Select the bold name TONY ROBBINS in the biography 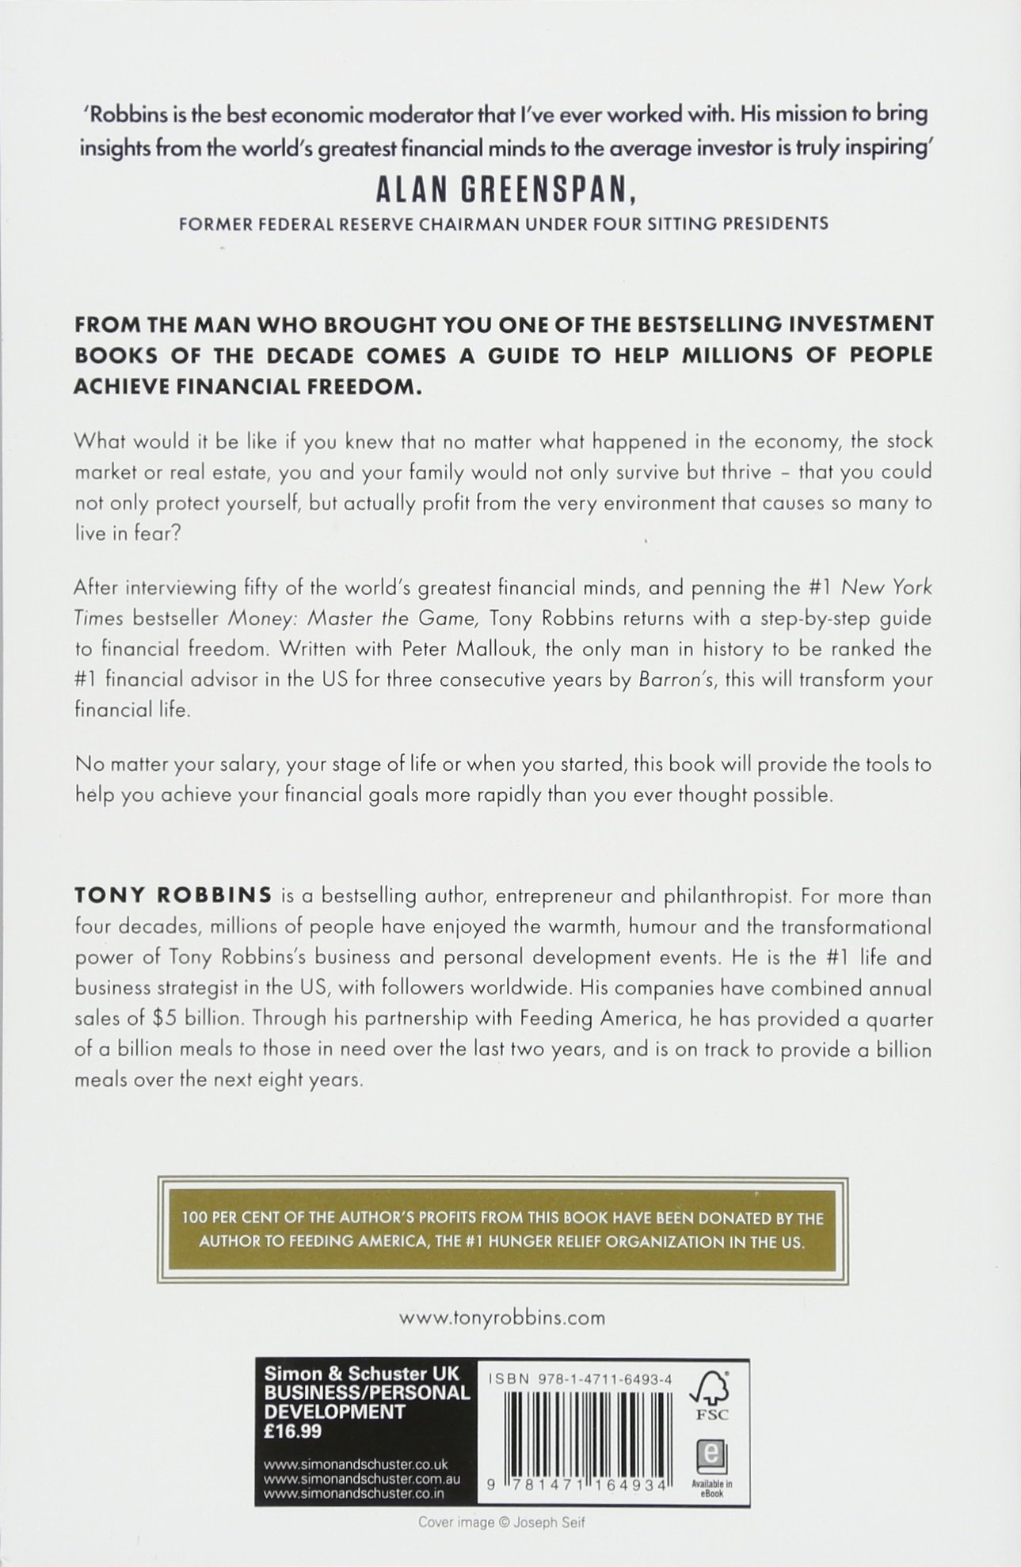tap(173, 896)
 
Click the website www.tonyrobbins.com tap(502, 1319)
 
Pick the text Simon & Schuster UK tap(361, 1374)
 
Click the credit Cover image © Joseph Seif tap(504, 1522)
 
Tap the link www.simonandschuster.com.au tap(362, 1478)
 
